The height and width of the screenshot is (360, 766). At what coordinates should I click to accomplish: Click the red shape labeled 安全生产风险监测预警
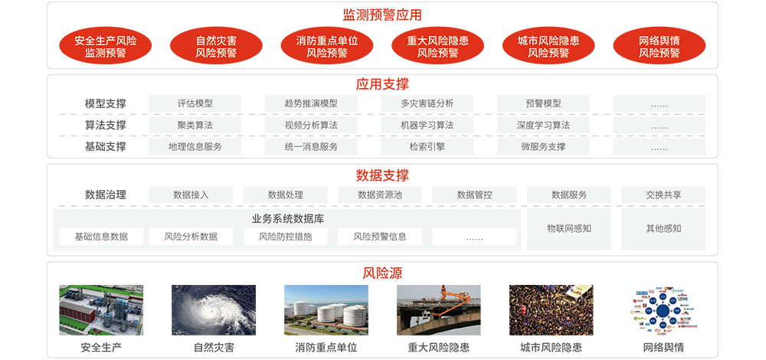(106, 47)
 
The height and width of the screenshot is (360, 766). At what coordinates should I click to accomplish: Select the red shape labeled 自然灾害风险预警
(216, 47)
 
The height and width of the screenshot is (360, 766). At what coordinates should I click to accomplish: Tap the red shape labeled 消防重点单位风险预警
(327, 47)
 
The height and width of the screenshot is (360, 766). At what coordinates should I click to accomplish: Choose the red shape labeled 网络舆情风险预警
(659, 47)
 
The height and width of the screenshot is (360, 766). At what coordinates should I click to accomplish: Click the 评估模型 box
(195, 103)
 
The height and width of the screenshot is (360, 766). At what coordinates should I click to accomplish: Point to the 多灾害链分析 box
(427, 103)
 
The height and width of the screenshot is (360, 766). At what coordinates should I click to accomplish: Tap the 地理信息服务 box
(195, 146)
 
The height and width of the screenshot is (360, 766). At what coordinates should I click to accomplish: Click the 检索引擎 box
(427, 146)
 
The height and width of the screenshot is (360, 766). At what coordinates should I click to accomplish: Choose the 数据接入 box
(191, 195)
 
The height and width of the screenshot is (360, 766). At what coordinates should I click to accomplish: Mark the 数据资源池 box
(380, 195)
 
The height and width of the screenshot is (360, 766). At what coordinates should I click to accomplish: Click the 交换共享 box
(663, 195)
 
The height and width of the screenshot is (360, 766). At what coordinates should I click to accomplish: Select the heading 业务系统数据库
(288, 219)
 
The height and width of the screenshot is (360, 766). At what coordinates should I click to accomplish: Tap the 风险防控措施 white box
(286, 237)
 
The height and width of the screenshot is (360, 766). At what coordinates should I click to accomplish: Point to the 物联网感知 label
(568, 228)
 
